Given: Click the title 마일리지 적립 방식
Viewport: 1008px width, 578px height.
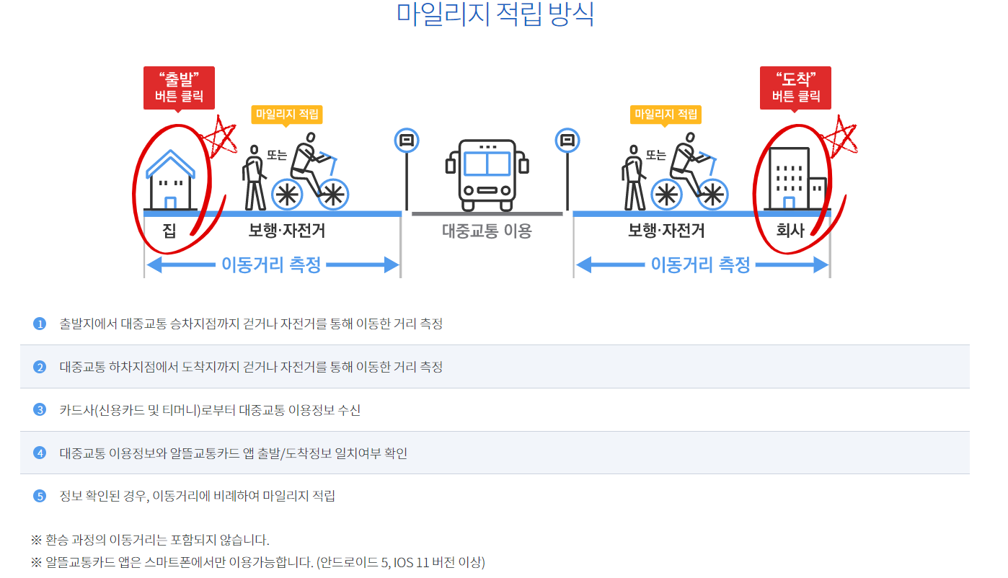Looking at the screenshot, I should [495, 14].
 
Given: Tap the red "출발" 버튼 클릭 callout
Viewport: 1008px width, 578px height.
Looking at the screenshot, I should [179, 87].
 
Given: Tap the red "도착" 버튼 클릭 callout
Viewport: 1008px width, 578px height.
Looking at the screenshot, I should [795, 87].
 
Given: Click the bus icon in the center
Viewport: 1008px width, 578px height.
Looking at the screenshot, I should [487, 169].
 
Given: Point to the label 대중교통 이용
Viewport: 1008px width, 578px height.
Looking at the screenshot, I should [487, 231].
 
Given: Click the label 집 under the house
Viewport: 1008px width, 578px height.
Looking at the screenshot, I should [169, 231].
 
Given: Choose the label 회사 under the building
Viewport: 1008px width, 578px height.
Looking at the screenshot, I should [790, 231].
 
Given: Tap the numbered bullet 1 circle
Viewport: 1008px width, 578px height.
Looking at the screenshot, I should [40, 324].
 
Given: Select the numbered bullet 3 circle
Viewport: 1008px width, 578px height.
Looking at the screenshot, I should [40, 410].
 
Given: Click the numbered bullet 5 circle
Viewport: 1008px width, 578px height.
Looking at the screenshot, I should [40, 496].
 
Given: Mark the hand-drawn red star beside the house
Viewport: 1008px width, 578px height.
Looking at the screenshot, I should [220, 136].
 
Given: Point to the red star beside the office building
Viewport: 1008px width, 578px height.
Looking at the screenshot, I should [839, 136].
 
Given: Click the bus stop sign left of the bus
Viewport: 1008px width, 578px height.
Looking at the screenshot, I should [407, 141].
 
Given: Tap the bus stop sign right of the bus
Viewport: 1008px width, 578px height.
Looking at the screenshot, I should [567, 141].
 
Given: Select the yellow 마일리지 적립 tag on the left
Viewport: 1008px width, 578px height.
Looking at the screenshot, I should [286, 114].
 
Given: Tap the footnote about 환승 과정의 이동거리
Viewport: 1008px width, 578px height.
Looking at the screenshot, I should [150, 540].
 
